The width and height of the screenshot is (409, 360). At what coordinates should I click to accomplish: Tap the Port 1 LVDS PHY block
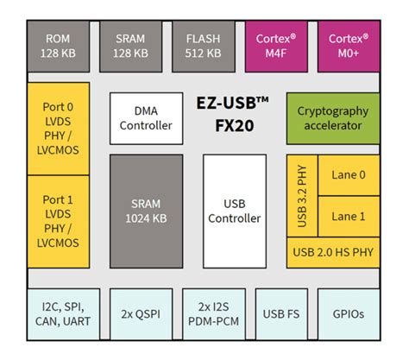point(59,219)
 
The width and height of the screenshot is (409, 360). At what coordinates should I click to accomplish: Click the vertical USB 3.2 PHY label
point(303,197)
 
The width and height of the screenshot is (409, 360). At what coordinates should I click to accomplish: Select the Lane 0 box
point(349,175)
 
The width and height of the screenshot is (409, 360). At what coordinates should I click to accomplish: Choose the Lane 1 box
point(349,216)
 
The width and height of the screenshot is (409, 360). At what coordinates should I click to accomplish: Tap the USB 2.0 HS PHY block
point(333,252)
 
